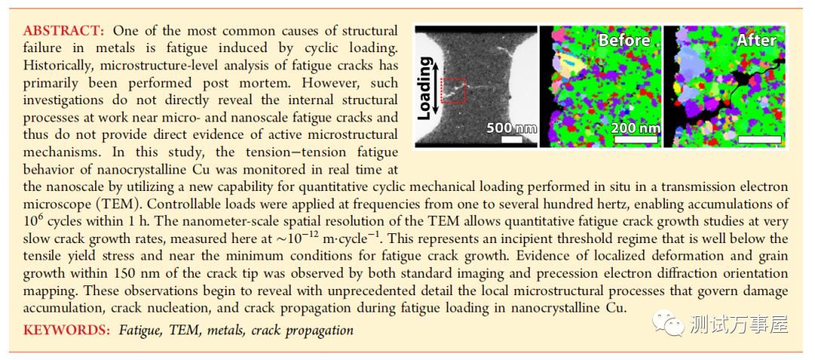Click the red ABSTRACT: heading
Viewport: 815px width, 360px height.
64,32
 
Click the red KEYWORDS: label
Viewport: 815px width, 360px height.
66,330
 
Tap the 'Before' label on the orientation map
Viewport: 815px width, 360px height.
624,40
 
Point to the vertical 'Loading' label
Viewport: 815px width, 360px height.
426,88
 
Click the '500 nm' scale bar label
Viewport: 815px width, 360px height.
511,128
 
